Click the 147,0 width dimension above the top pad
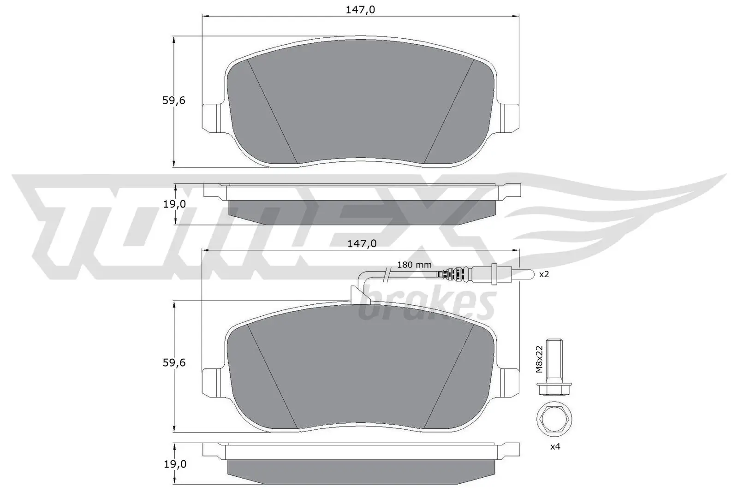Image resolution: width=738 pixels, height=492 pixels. click(x=361, y=9)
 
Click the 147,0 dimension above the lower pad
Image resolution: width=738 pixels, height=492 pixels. click(x=361, y=243)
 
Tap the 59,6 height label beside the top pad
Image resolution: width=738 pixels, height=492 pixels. click(x=173, y=101)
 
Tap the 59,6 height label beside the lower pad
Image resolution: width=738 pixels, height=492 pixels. click(x=173, y=363)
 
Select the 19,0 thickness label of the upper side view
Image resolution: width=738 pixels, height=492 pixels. click(x=173, y=204)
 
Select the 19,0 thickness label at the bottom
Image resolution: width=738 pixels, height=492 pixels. click(x=173, y=464)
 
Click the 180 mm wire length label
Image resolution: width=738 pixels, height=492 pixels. click(x=414, y=265)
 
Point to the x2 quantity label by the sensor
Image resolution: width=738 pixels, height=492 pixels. click(x=544, y=274)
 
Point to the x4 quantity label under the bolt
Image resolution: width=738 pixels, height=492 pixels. click(x=555, y=446)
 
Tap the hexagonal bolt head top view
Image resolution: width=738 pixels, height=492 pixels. click(x=552, y=419)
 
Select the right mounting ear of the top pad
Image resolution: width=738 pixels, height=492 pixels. click(x=512, y=118)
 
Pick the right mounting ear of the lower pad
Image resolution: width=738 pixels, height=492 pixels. click(x=512, y=382)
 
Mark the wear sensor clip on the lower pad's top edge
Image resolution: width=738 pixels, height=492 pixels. click(x=357, y=295)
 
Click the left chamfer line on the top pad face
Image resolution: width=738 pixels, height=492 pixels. click(x=272, y=111)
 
